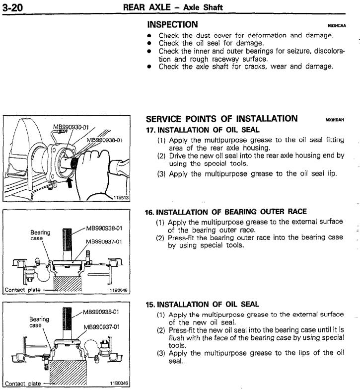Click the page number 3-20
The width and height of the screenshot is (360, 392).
pyautogui.click(x=12, y=6)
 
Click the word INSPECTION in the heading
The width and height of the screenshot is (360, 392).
pyautogui.click(x=172, y=24)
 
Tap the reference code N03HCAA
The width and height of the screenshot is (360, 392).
pyautogui.click(x=336, y=25)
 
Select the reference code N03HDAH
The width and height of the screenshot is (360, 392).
pyautogui.click(x=335, y=120)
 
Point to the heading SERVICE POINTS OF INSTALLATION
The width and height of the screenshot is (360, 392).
pyautogui.click(x=222, y=119)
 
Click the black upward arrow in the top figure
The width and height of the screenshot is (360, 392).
pyautogui.click(x=69, y=182)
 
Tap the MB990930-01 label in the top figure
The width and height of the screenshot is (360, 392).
pyautogui.click(x=71, y=128)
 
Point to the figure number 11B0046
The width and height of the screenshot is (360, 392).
pyautogui.click(x=118, y=383)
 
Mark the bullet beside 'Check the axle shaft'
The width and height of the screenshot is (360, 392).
pyautogui.click(x=149, y=67)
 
